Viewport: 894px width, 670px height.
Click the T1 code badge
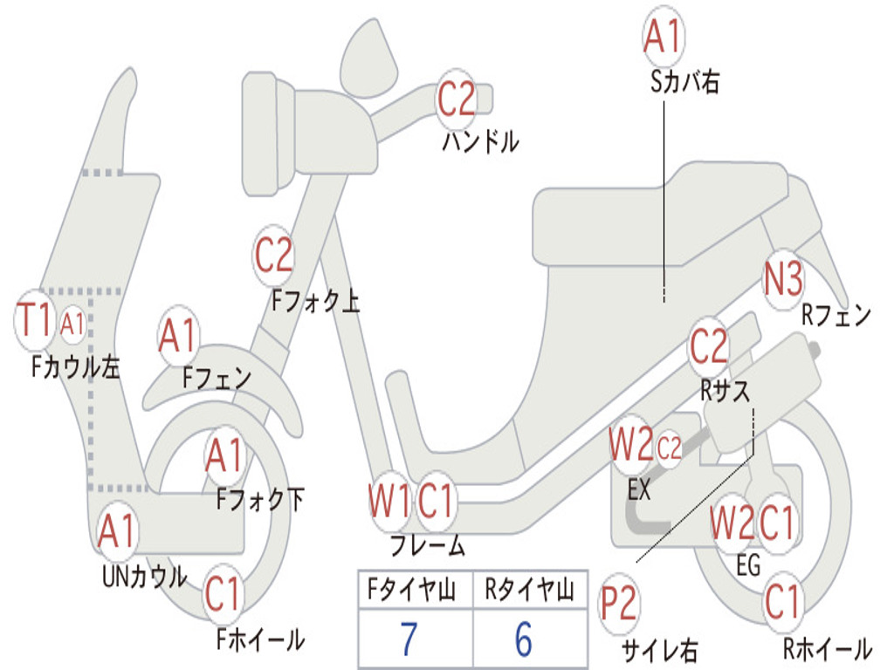pyautogui.click(x=35, y=320)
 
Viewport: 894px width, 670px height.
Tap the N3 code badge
pyautogui.click(x=783, y=279)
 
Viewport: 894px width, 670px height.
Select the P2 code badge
pyautogui.click(x=619, y=604)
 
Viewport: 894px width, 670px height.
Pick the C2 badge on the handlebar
pyautogui.click(x=456, y=99)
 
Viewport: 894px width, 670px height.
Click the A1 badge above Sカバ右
pyautogui.click(x=664, y=36)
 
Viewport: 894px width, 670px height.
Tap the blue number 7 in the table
pyautogui.click(x=409, y=638)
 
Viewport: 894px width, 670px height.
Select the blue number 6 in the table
pyautogui.click(x=524, y=638)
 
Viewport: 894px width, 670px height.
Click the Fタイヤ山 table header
pyautogui.click(x=412, y=589)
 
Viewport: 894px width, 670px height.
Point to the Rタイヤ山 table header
pyautogui.click(x=529, y=589)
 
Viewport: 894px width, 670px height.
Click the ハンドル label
pyautogui.click(x=481, y=140)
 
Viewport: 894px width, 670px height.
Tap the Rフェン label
pyautogui.click(x=836, y=314)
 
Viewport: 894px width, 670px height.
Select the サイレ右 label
pyautogui.click(x=659, y=650)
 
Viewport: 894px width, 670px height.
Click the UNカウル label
pyautogui.click(x=145, y=576)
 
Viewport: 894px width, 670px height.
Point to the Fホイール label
pyautogui.click(x=260, y=639)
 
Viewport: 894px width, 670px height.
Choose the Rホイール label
pyautogui.click(x=828, y=648)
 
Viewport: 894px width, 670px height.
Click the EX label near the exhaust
pyautogui.click(x=638, y=489)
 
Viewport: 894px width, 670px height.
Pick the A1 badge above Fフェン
pyautogui.click(x=179, y=336)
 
